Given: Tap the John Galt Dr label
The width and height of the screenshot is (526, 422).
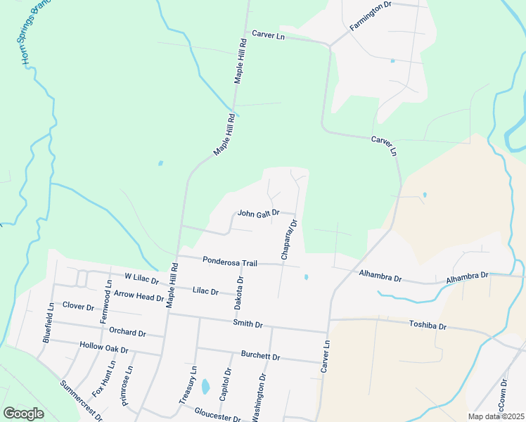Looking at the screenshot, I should point(259,212).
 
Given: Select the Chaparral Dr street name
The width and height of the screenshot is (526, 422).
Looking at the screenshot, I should point(290,240).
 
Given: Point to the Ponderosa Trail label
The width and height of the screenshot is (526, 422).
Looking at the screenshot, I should point(230,262).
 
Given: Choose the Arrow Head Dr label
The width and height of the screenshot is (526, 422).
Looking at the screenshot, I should point(139,297).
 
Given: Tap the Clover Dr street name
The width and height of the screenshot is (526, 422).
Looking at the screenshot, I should point(78,307).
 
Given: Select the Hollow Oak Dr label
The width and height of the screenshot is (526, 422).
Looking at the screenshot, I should point(104,349).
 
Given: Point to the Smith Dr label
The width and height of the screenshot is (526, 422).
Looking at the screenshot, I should point(248,324).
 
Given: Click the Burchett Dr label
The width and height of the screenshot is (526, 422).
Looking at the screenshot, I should point(260,356).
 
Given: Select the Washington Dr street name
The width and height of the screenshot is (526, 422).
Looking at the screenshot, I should point(258,398).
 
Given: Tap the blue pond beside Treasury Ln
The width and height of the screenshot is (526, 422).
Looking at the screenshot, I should point(205,386).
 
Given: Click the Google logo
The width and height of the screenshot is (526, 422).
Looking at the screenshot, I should point(23,414).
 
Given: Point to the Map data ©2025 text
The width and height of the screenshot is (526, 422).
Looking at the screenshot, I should point(496,416).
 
